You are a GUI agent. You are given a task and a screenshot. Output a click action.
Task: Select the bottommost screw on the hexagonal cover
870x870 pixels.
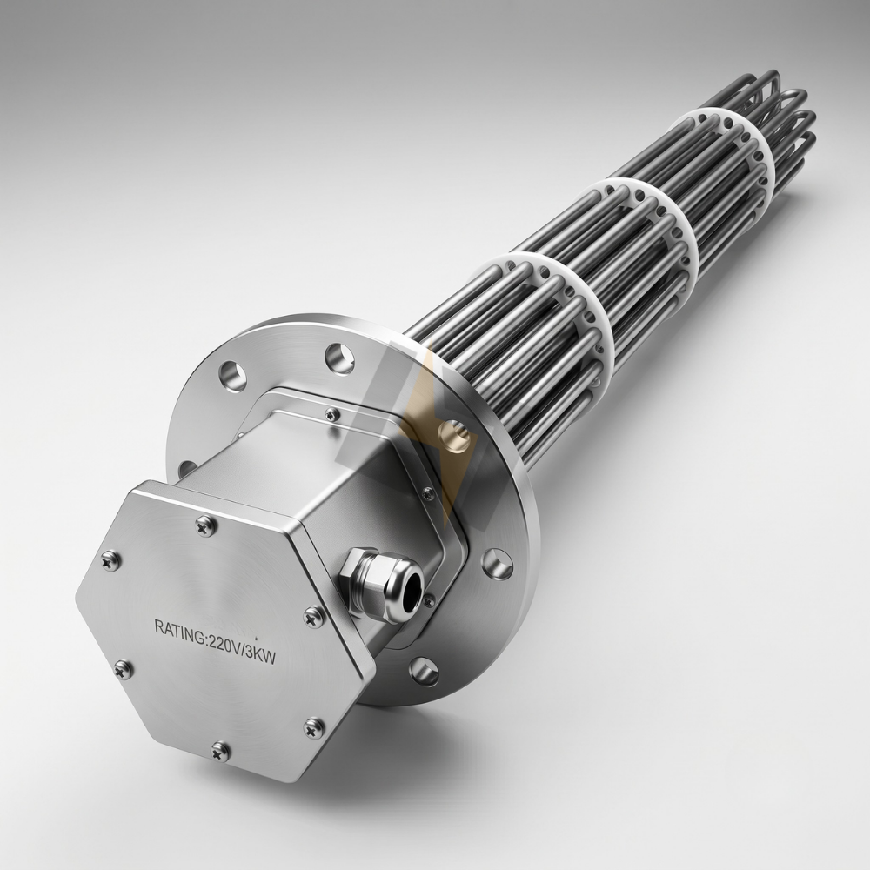coord(220,750)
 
